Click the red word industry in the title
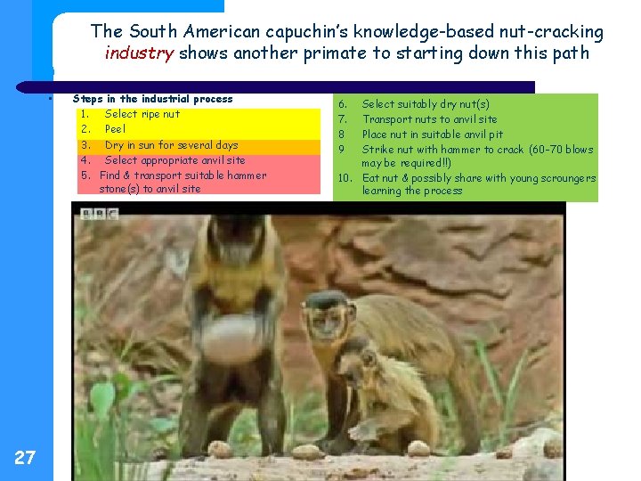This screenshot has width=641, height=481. pos(140,53)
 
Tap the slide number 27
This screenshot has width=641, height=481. pos(25,458)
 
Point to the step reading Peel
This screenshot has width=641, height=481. pos(115,129)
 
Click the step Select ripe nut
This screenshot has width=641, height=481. pos(142,114)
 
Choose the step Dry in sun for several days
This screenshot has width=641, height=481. pos(171,145)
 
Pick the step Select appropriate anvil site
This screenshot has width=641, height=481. pos(174,160)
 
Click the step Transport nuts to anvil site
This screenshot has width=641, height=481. pos(429,119)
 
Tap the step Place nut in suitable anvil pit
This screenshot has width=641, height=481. pos(432,135)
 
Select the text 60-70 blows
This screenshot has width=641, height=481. pos(560,150)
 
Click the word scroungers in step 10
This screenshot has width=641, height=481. pos(564,178)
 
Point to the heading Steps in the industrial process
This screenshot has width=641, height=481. pos(152,99)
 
